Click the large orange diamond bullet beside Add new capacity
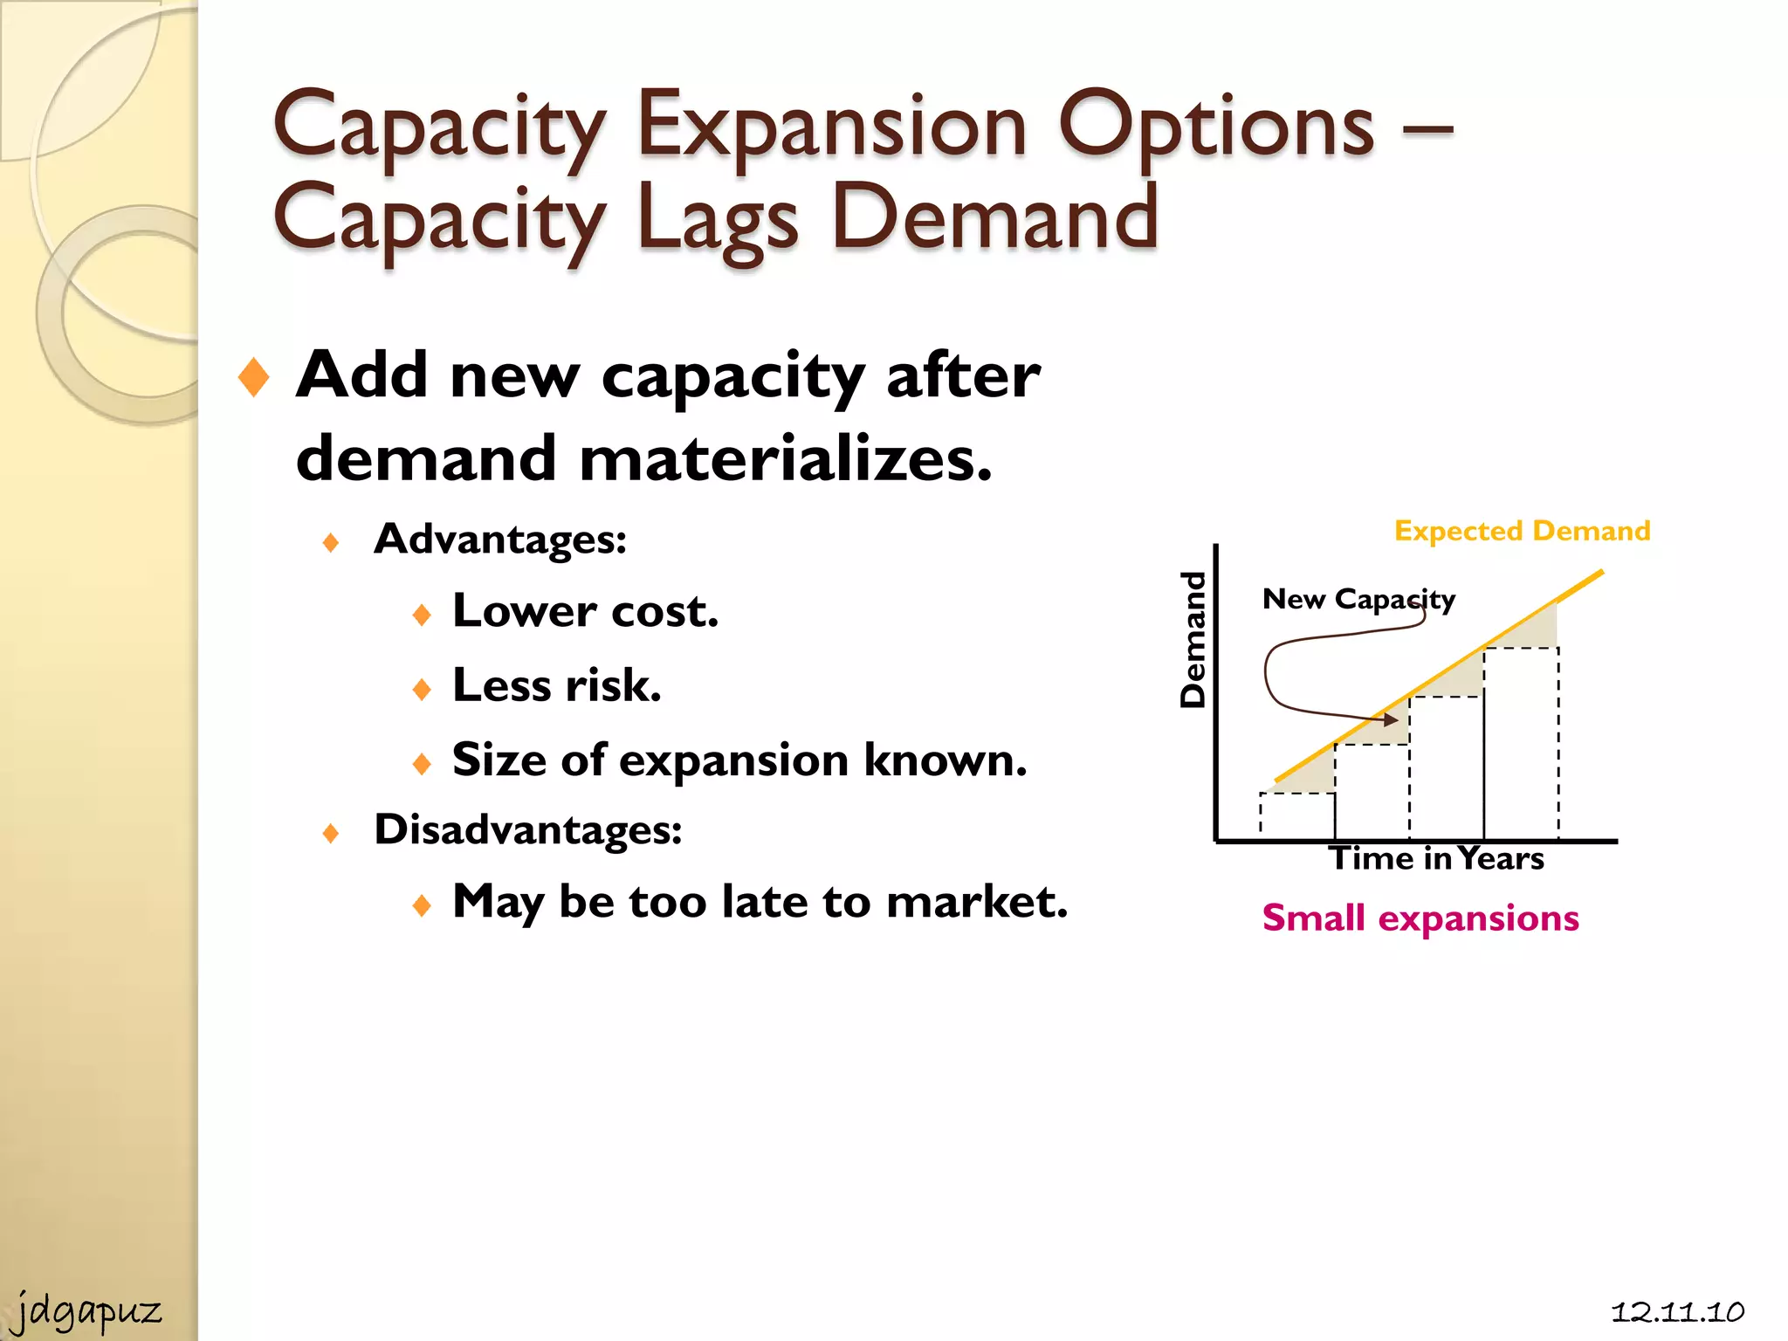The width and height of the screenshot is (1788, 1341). point(253,377)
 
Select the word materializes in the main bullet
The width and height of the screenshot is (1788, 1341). point(785,458)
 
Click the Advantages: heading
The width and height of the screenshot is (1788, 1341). point(500,539)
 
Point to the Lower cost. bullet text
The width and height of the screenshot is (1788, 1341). point(585,611)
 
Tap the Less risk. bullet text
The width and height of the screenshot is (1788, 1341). point(556,685)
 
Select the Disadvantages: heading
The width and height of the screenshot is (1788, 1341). point(527,829)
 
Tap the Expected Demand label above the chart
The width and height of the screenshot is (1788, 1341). point(1522,531)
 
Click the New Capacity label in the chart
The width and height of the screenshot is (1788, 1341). point(1358,599)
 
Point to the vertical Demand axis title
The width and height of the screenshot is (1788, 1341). point(1193,639)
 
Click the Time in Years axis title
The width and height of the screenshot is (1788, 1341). point(1436,859)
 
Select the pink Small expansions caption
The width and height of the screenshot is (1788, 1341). point(1420,918)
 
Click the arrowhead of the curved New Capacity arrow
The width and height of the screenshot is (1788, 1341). point(1389,719)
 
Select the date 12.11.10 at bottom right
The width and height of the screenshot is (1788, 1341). point(1677,1311)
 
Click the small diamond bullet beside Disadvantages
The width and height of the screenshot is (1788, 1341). point(330,833)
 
